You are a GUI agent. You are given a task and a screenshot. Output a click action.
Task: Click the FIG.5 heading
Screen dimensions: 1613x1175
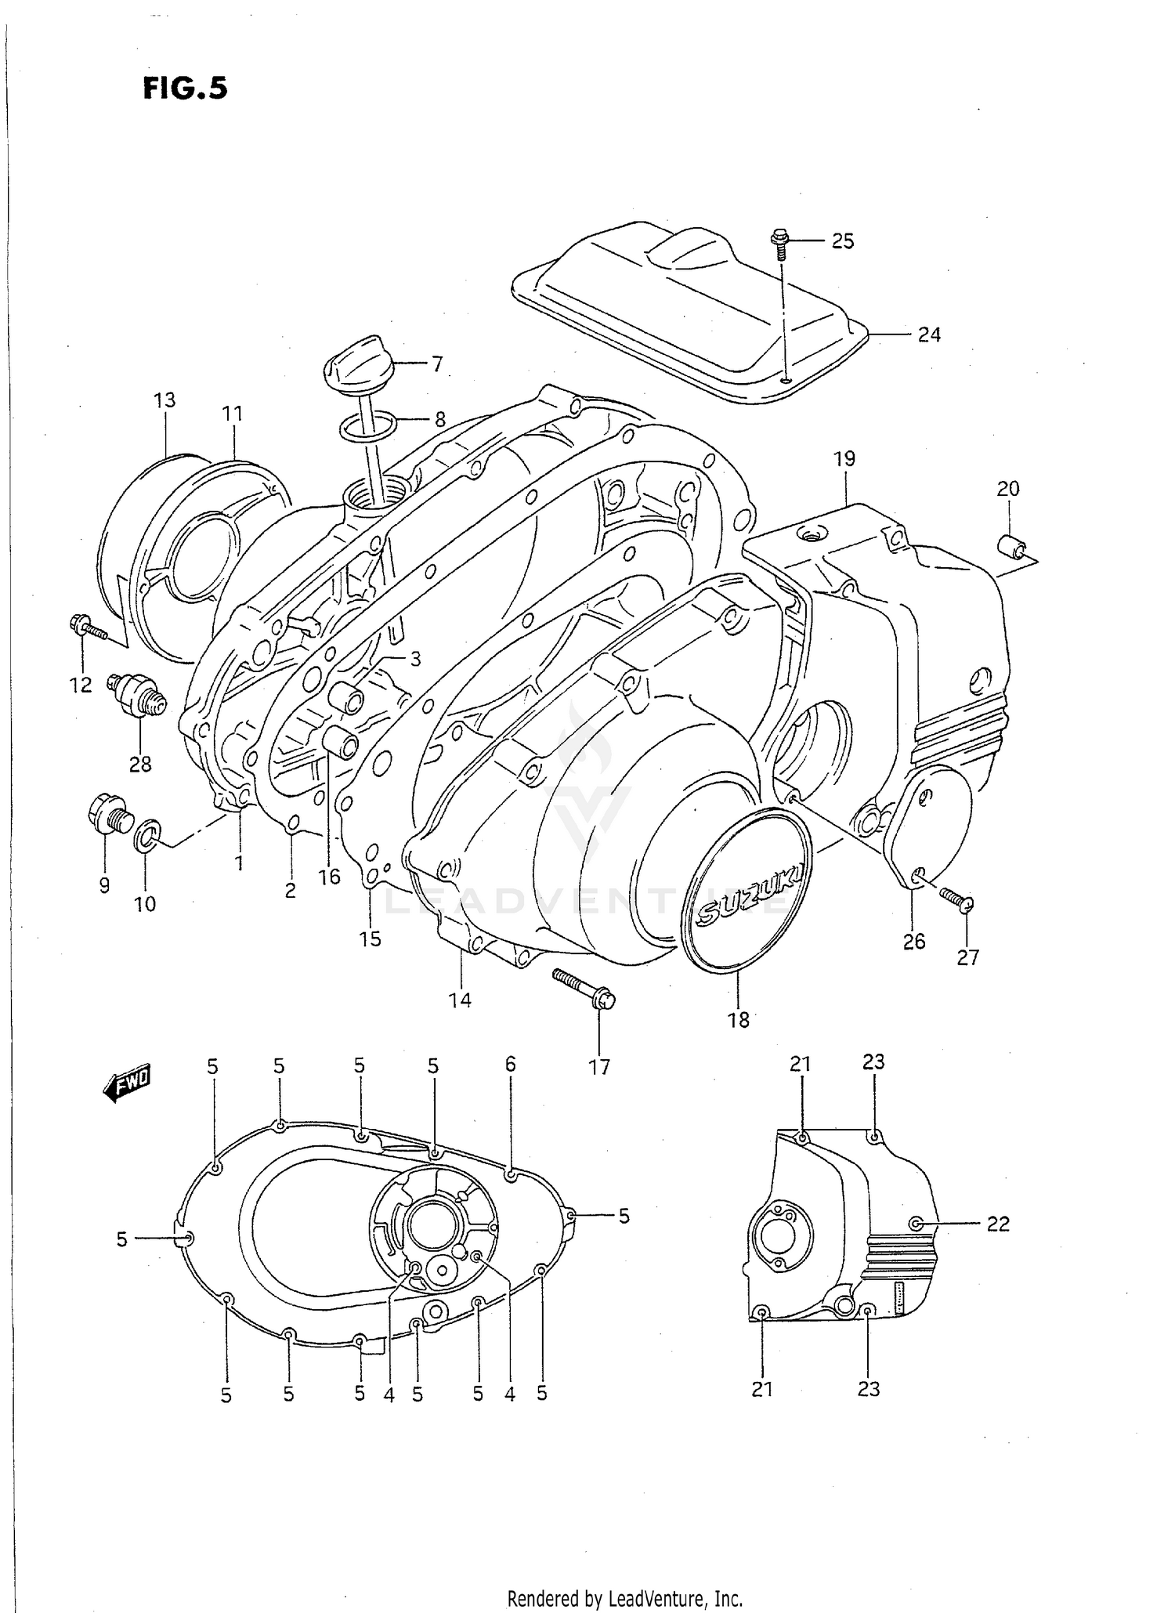point(186,89)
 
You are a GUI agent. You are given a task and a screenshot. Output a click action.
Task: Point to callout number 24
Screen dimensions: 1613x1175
point(929,335)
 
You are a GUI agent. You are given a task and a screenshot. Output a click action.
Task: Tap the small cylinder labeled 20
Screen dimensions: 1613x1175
point(1010,545)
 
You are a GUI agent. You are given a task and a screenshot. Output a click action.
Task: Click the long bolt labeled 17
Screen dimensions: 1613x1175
point(584,987)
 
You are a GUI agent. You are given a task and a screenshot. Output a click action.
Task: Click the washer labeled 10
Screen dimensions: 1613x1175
point(147,835)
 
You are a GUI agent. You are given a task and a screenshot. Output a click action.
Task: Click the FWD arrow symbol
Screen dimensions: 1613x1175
point(128,1083)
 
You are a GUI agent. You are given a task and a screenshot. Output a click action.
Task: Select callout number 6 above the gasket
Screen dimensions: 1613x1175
point(510,1064)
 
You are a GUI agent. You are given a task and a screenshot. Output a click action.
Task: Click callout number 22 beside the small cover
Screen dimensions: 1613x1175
point(997,1223)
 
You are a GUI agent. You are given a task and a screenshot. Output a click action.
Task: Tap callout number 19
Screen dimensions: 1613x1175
point(844,459)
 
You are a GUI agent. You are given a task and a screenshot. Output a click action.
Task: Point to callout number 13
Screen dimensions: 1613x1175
point(164,400)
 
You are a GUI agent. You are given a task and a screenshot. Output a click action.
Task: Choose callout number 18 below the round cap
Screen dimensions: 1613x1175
point(739,1019)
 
